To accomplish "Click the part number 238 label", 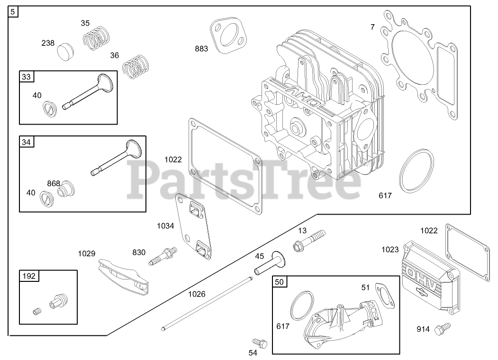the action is coord(48,43).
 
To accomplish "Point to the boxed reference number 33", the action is coord(26,76).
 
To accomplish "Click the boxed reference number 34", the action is coord(26,141).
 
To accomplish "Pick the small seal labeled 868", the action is coord(65,188).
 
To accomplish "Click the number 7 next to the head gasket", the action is coord(372,27).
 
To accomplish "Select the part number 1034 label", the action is coord(166,226).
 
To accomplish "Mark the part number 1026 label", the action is coord(197,294).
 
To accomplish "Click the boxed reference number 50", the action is coord(280,282).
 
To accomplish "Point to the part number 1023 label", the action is coord(390,249).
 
